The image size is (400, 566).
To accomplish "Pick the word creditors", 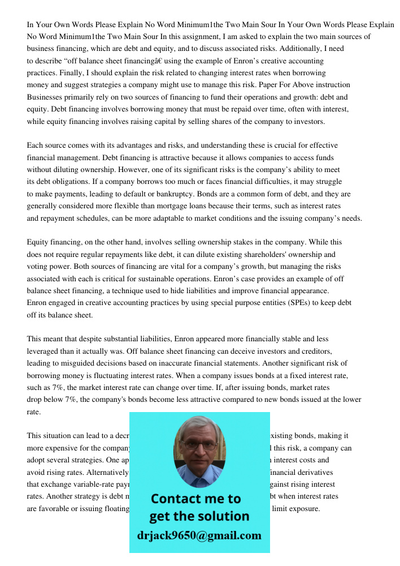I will [x=314, y=351].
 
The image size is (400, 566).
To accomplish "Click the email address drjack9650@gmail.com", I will [x=199, y=535].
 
